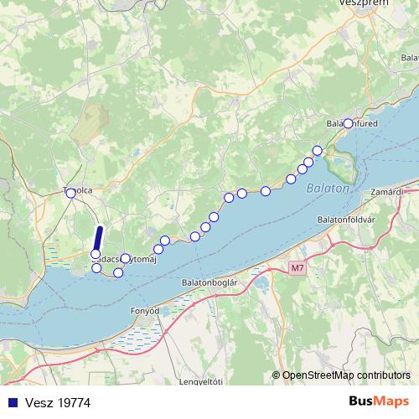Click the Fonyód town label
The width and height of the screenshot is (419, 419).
(144, 311)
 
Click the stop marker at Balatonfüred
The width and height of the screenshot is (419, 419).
(349, 124)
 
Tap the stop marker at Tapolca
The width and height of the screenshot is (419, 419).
(70, 193)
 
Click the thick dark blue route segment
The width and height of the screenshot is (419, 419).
(98, 240)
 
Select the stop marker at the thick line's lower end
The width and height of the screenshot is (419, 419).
(96, 254)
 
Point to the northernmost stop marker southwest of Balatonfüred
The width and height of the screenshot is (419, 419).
(317, 151)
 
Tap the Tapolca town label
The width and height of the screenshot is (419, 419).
(78, 191)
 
